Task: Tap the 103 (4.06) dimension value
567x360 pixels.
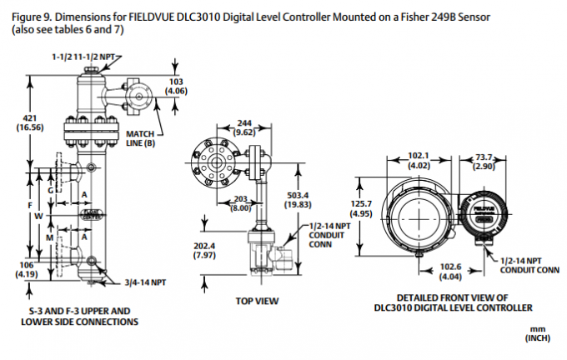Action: [176, 85]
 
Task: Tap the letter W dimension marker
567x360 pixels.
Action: [38, 216]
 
